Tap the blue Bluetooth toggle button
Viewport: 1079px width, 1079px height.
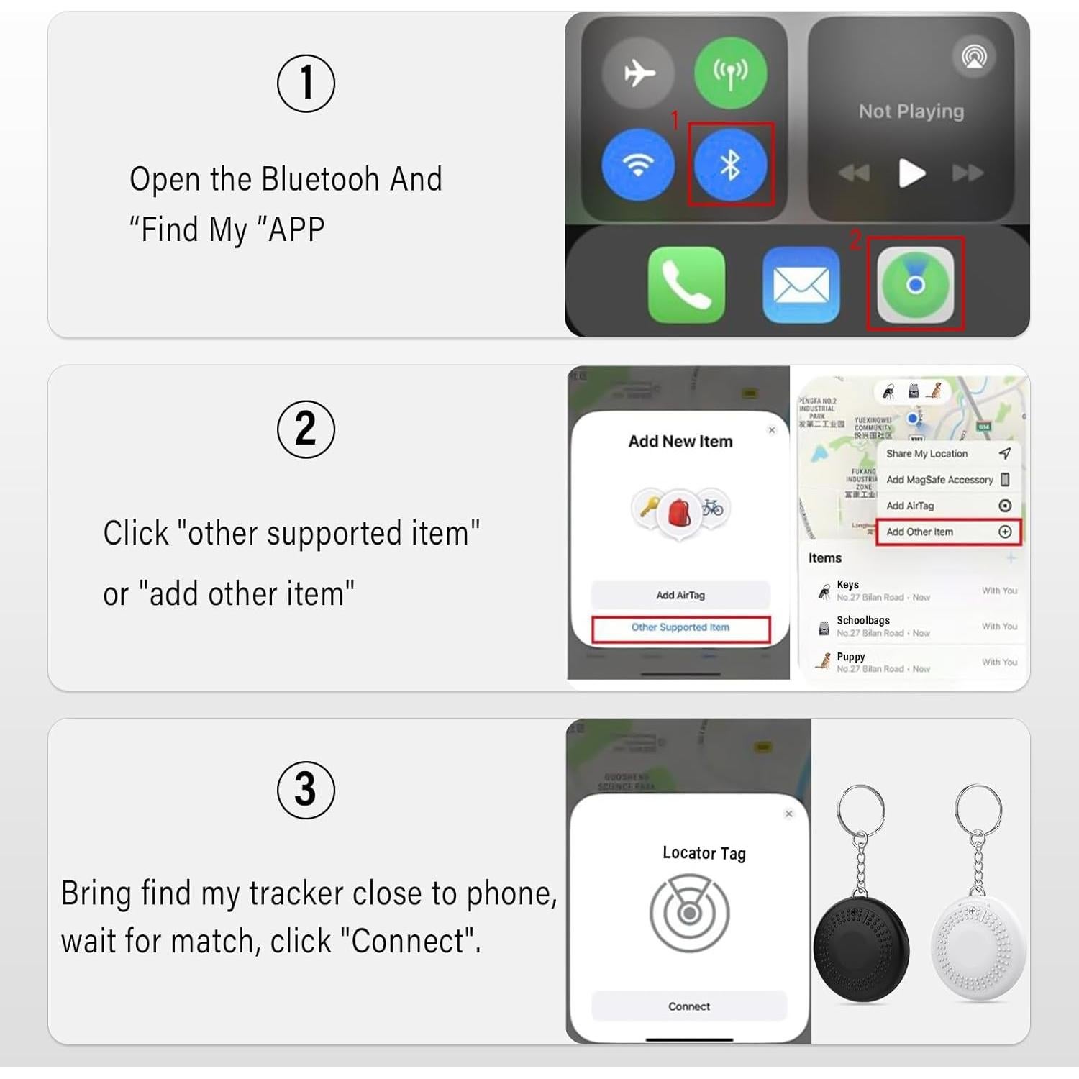tap(730, 165)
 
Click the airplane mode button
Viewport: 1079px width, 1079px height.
tap(638, 73)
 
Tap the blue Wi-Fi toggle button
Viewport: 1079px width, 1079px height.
tap(638, 165)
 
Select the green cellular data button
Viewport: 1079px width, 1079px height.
tap(730, 73)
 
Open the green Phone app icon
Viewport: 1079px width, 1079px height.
tap(686, 285)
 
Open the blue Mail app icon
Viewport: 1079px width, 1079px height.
tap(801, 285)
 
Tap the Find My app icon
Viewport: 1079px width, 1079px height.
tap(915, 285)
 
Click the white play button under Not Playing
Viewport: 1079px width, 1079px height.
tap(911, 173)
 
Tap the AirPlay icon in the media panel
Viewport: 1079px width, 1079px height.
tap(974, 57)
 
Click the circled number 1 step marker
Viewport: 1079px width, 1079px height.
tap(306, 83)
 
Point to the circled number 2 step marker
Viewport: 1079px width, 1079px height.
tap(306, 429)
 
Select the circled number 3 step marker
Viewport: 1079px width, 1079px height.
tap(306, 790)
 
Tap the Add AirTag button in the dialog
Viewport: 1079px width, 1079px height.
tap(680, 595)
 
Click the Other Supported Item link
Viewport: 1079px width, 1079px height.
tap(680, 628)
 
